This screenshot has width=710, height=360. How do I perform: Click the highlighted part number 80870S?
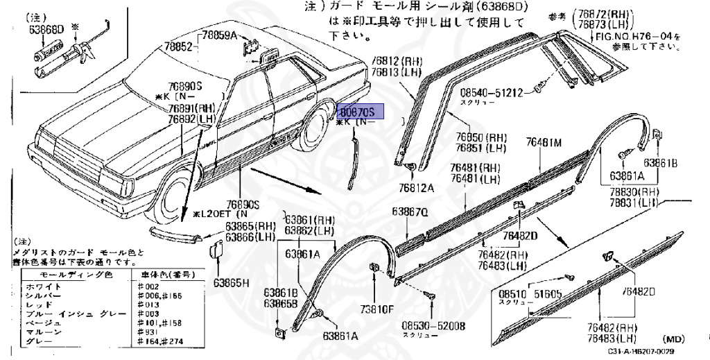tap(356, 112)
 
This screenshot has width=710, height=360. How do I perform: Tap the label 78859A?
tap(218, 35)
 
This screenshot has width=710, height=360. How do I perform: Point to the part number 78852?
tap(177, 47)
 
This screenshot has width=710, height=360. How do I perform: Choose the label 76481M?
tap(543, 142)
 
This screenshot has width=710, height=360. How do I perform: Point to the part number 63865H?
tap(231, 282)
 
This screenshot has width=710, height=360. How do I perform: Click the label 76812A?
tap(416, 187)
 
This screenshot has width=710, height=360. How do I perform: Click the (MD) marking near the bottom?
tap(673, 339)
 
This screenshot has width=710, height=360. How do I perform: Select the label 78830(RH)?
tap(634, 191)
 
